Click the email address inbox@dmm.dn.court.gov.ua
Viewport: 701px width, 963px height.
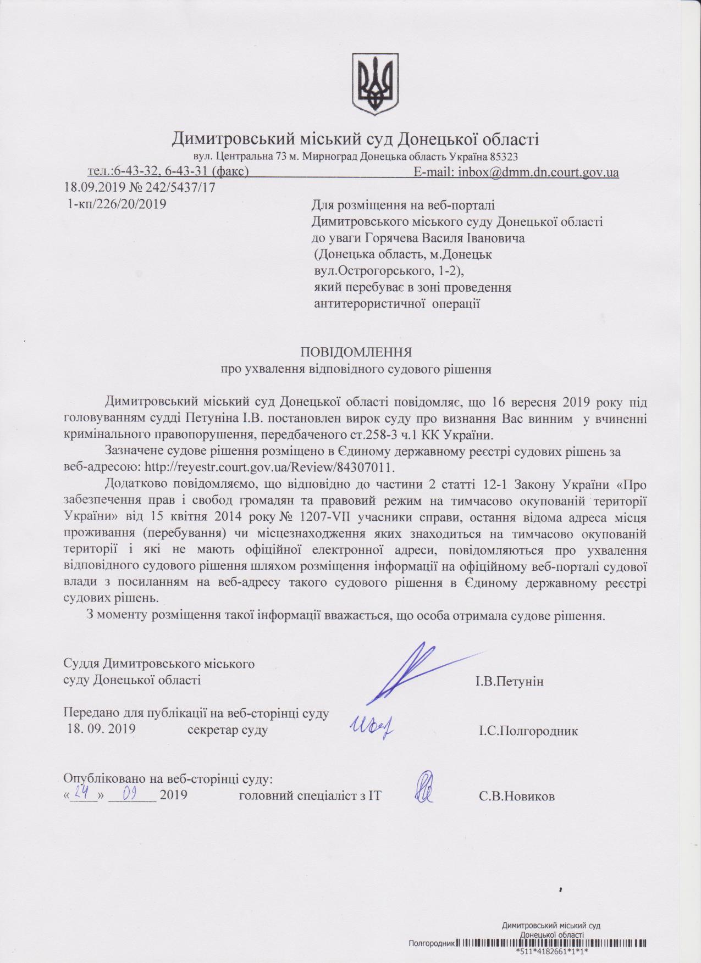click(x=536, y=172)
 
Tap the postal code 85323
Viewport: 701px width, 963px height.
click(x=498, y=157)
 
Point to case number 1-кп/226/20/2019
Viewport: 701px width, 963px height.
click(x=117, y=204)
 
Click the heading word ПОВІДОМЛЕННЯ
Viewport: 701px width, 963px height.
click(x=356, y=352)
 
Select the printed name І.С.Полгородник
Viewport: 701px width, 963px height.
click(x=528, y=731)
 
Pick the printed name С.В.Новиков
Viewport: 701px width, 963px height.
click(x=516, y=796)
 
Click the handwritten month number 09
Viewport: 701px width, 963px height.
click(x=130, y=793)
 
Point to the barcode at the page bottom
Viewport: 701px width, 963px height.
click(x=550, y=943)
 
